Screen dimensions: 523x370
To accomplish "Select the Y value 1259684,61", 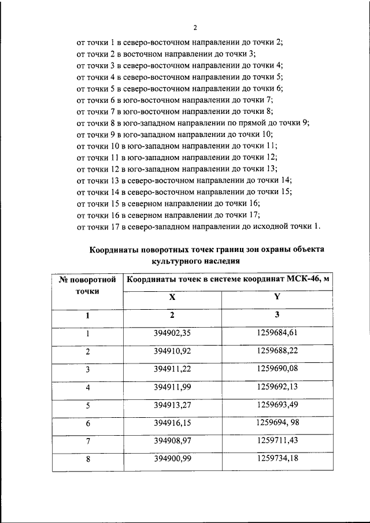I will coord(276,333).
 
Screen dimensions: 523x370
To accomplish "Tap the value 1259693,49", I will coord(276,405).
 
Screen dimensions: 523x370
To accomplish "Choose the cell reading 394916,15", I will coord(172,424).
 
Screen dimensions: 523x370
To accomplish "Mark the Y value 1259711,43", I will coord(276,442).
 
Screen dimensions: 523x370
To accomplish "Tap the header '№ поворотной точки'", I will coord(88,285).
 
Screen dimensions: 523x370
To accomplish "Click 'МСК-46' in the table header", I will coord(306,279).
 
